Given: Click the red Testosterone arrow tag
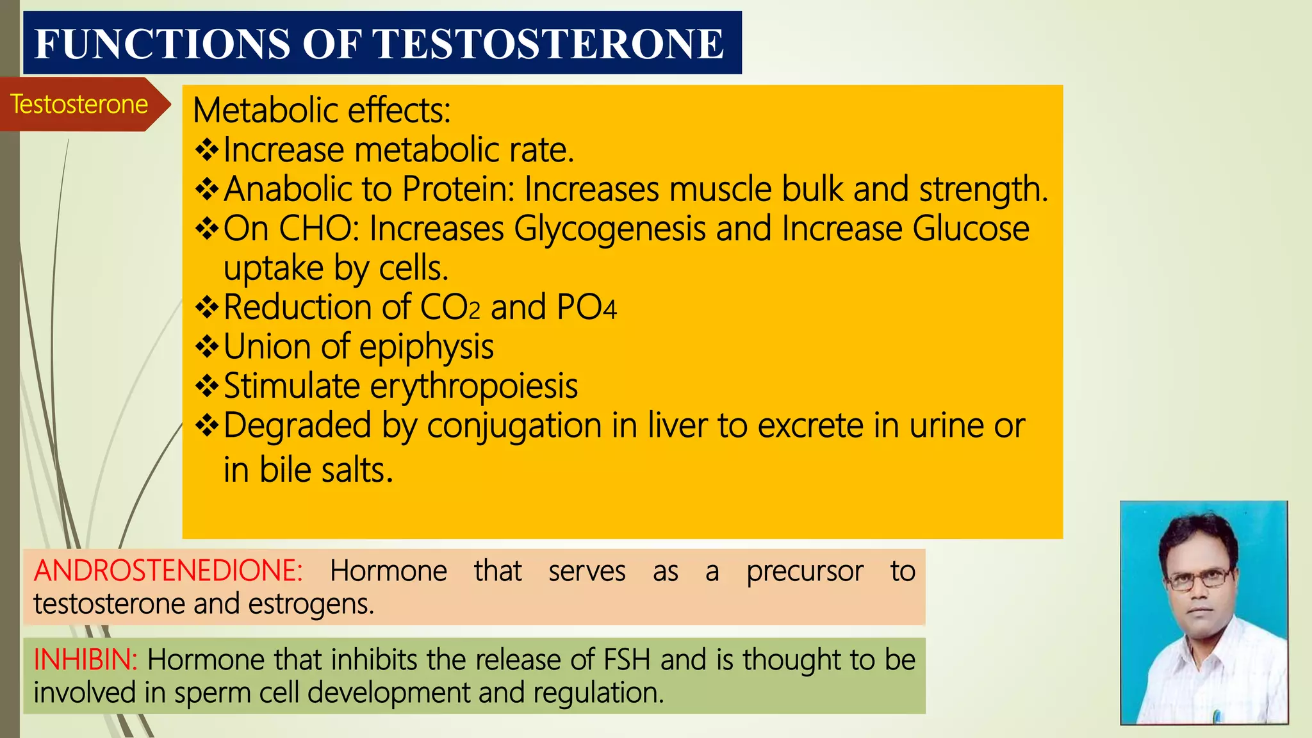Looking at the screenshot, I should (x=79, y=104).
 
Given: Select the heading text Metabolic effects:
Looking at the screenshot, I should (x=322, y=110).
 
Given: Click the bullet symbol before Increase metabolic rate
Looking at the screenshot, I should (x=207, y=151).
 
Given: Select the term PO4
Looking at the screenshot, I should (x=586, y=307).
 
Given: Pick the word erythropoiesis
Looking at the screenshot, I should (x=474, y=386).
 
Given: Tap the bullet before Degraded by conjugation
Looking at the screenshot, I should (x=207, y=426).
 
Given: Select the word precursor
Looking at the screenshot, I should (x=805, y=571).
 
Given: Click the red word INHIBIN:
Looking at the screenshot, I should (x=85, y=660).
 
